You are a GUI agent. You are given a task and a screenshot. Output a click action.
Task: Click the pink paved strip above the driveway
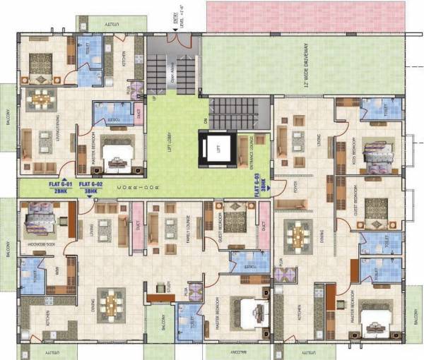pos(305,16)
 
